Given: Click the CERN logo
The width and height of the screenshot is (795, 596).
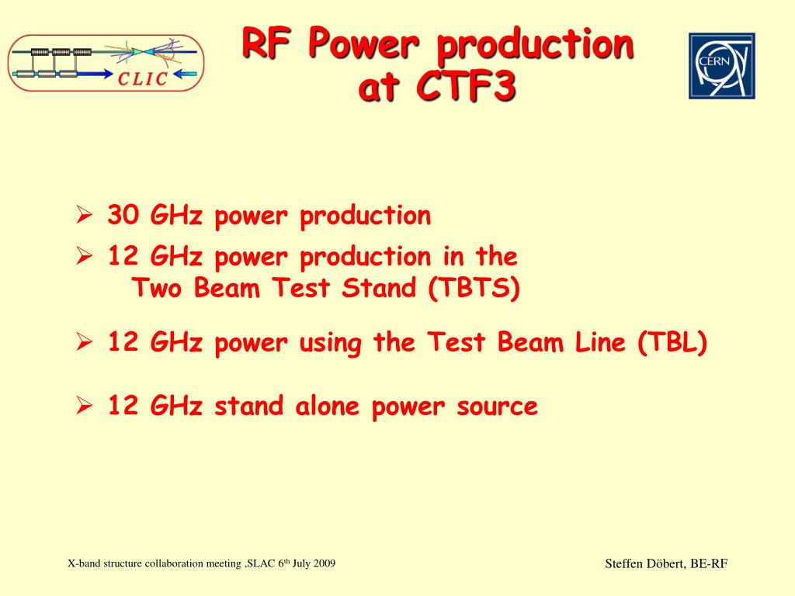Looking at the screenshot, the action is pos(721,66).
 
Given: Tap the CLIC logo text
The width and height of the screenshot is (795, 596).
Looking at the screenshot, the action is pos(143,78).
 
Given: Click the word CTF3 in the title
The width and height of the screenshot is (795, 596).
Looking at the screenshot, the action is pos(466,86).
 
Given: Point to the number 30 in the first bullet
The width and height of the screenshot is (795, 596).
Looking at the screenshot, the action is pos(123,215).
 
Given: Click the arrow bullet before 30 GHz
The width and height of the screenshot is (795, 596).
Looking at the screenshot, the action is pos(84,215).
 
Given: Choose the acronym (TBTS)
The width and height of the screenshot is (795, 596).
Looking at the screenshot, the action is pos(474,288).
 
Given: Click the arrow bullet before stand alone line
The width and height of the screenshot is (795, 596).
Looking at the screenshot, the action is pos(84,405).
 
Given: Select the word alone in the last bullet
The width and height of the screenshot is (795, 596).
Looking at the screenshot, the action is pos(328,406).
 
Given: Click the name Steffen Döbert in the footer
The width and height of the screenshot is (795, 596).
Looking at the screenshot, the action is pos(644,563).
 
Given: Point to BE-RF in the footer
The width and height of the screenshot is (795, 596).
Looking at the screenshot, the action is pos(709,563).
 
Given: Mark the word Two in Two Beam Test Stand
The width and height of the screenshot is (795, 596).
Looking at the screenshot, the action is pos(156,288).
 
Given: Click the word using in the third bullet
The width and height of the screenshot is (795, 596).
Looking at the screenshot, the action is pos(331,344).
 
